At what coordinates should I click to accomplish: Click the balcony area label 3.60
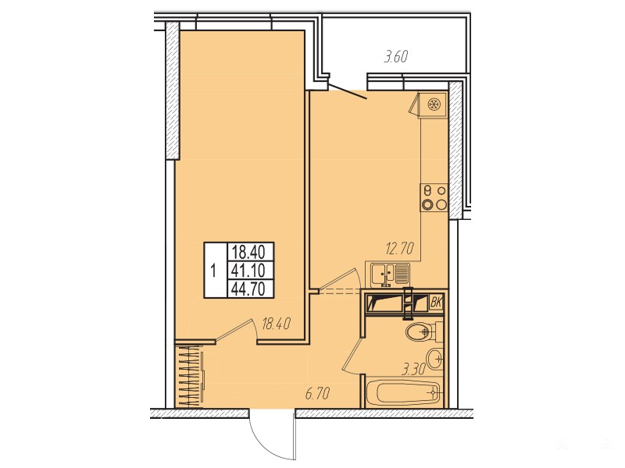[x=396, y=57]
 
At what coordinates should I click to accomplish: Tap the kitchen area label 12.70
[x=399, y=249]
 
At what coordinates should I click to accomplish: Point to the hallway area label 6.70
[x=317, y=394]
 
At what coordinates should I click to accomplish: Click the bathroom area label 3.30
[x=414, y=370]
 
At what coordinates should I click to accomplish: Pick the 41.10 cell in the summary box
[x=248, y=271]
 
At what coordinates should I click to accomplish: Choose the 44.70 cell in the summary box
[x=248, y=289]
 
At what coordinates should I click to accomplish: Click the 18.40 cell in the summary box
[x=248, y=252]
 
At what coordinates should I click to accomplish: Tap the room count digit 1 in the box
[x=214, y=271]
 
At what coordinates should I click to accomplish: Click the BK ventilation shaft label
[x=437, y=303]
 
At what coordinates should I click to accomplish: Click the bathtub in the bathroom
[x=402, y=393]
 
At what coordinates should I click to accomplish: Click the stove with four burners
[x=434, y=197]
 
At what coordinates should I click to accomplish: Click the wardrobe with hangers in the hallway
[x=188, y=376]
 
